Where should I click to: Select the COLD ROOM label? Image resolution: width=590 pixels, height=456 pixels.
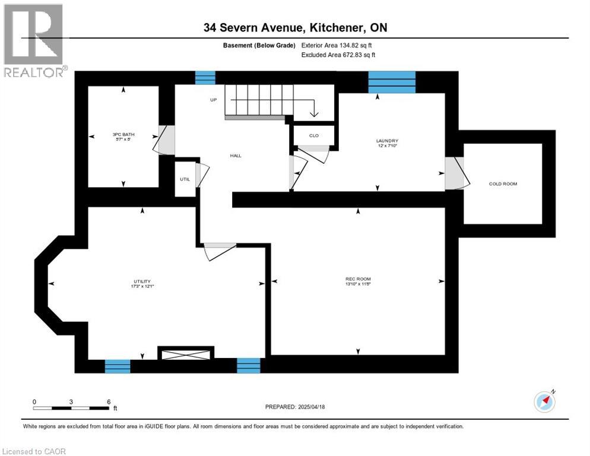[503, 184]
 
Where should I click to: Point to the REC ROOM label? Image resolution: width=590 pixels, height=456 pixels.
[358, 278]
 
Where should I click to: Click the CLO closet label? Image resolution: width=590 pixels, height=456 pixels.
[314, 136]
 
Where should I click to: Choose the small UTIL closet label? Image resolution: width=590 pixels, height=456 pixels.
[185, 179]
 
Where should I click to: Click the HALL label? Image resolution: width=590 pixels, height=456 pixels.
[236, 156]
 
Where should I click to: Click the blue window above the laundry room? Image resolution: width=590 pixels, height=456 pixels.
[391, 82]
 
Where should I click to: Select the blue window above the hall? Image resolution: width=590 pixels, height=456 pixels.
[205, 78]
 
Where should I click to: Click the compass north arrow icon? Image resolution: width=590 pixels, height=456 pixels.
[544, 402]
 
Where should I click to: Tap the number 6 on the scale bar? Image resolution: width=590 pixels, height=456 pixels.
[109, 402]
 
